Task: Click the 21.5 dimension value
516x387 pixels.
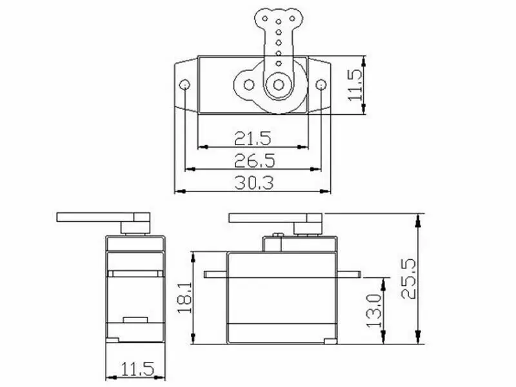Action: (x=252, y=138)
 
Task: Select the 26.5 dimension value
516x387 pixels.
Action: (x=254, y=160)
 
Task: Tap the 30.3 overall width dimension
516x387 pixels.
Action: (x=253, y=183)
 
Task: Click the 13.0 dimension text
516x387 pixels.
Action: (x=374, y=310)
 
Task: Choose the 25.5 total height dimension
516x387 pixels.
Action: (x=408, y=279)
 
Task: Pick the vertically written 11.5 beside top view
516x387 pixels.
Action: (x=355, y=85)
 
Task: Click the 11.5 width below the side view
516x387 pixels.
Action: (x=137, y=369)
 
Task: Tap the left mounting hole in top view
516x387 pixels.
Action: (x=184, y=85)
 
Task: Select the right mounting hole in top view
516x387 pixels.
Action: (x=321, y=85)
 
